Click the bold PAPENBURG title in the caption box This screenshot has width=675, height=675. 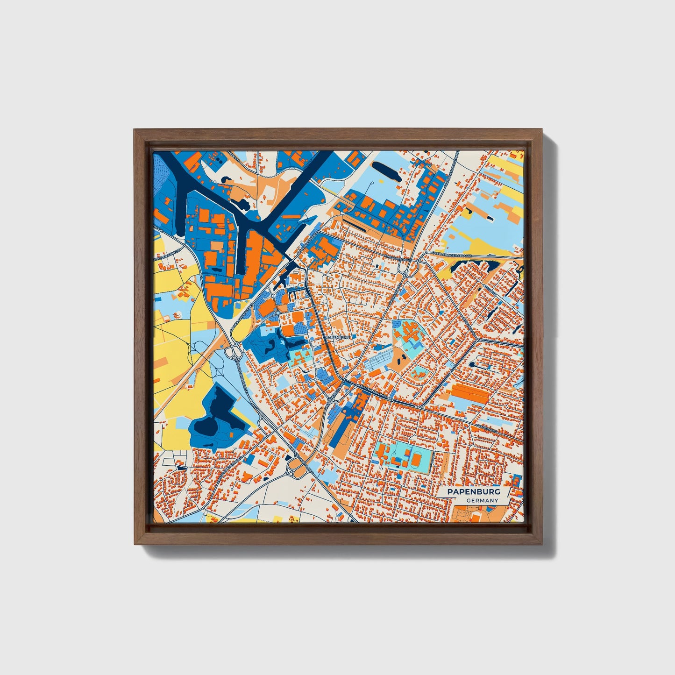pyautogui.click(x=473, y=492)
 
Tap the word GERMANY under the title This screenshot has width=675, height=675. pyautogui.click(x=482, y=501)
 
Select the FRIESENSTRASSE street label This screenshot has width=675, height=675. pyautogui.click(x=397, y=258)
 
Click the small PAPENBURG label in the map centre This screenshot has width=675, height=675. pyautogui.click(x=338, y=336)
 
